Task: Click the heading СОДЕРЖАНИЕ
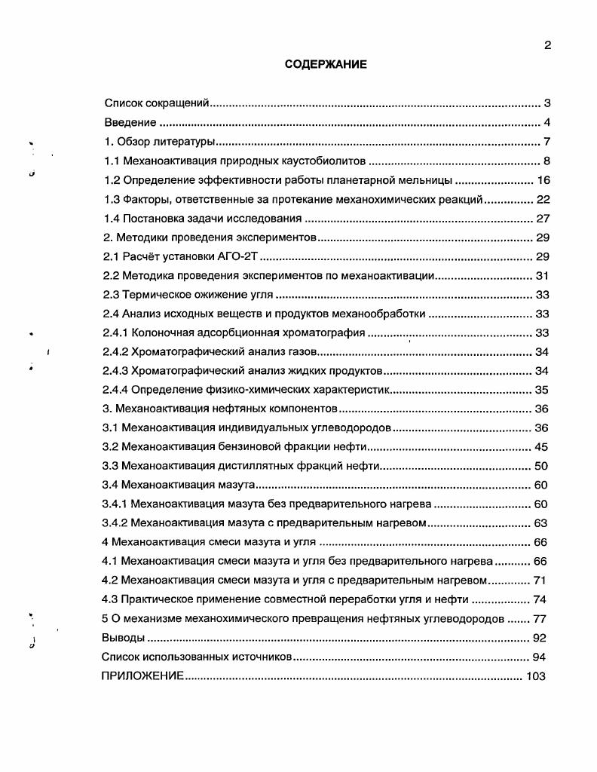[326, 65]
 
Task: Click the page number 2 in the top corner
[547, 44]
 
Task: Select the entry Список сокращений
[156, 103]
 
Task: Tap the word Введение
[130, 123]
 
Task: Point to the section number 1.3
[112, 200]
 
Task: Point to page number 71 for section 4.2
[539, 581]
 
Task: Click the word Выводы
[123, 638]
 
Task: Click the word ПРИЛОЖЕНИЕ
[142, 676]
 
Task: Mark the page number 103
[536, 676]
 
